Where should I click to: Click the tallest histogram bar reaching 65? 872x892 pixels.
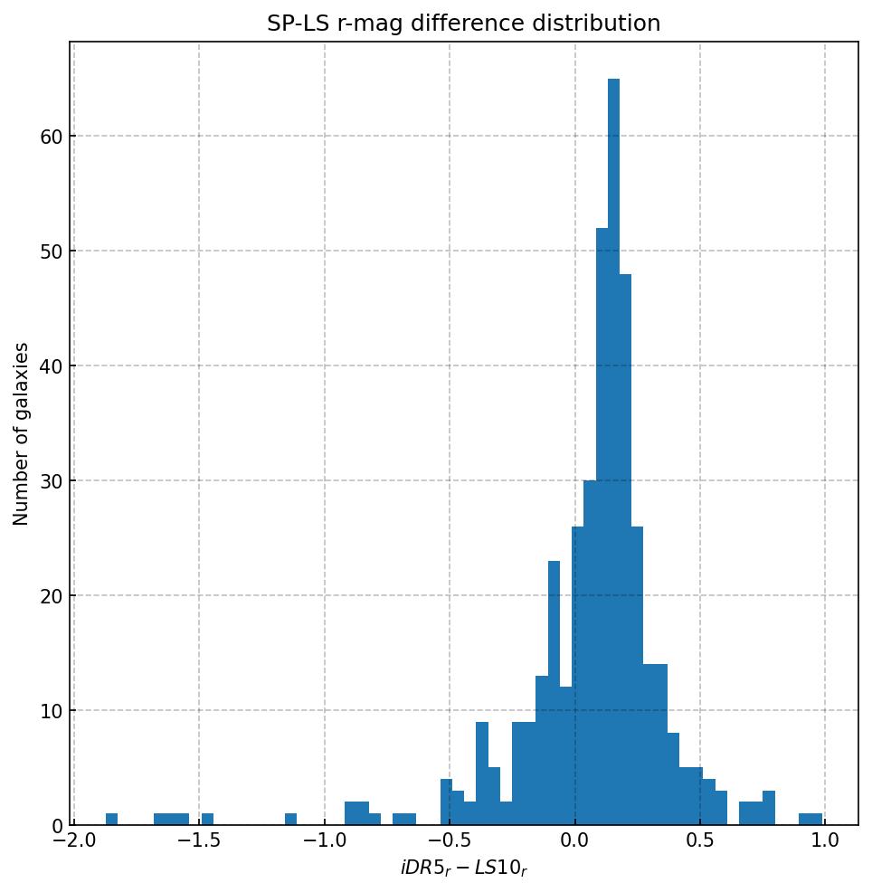tap(613, 452)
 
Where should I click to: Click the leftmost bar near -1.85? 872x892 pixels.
tap(111, 820)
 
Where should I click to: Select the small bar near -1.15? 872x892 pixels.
tap(290, 820)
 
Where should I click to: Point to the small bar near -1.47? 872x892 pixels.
tap(207, 820)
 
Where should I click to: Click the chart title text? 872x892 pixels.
tap(463, 24)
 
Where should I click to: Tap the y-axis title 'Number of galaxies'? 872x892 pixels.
tap(22, 433)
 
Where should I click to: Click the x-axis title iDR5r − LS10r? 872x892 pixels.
tap(463, 868)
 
